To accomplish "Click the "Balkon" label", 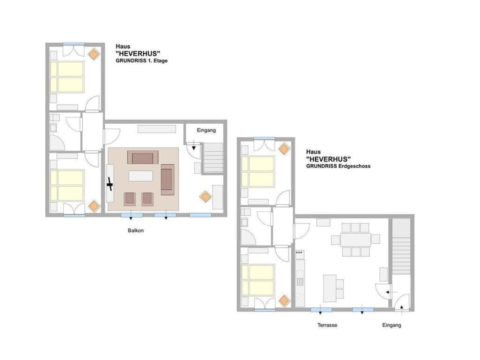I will pyautogui.click(x=135, y=231).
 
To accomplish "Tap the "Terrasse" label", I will pyautogui.click(x=327, y=325).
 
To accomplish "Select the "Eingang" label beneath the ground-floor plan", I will pyautogui.click(x=391, y=325).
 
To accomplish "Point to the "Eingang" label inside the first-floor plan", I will pyautogui.click(x=206, y=130).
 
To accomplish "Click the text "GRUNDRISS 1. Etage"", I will pyautogui.click(x=141, y=60).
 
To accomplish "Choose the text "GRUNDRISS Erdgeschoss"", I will pyautogui.click(x=338, y=166).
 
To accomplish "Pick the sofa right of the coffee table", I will pyautogui.click(x=167, y=180).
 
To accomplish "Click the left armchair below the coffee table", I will pyautogui.click(x=129, y=198).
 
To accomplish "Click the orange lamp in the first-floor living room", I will pyautogui.click(x=205, y=196).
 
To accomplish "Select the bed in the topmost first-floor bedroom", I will pyautogui.click(x=67, y=76).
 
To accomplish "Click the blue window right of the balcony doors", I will pyautogui.click(x=200, y=215).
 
